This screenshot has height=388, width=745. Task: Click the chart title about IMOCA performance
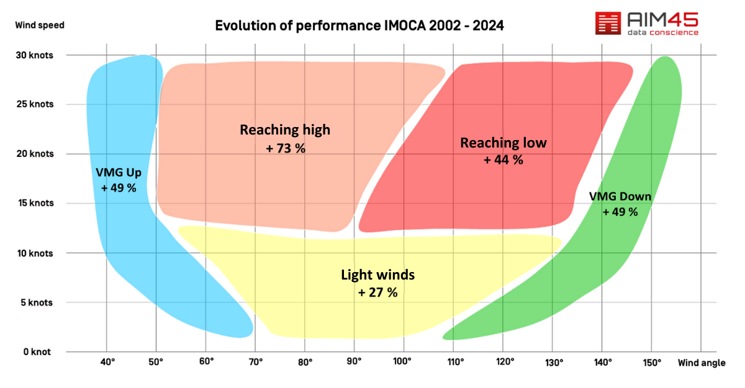(x=359, y=26)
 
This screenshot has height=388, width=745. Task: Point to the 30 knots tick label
(x=35, y=55)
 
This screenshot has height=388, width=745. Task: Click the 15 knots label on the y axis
(x=35, y=203)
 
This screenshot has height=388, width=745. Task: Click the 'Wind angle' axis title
(x=702, y=363)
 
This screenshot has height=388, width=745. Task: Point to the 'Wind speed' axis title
(x=39, y=25)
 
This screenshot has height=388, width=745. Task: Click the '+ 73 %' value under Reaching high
(x=285, y=149)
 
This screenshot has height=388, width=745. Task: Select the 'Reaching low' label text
(x=503, y=143)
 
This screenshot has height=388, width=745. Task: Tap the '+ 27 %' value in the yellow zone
(x=377, y=293)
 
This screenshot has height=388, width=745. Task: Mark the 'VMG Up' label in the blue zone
(x=119, y=172)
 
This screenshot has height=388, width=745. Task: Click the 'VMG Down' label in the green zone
(x=620, y=197)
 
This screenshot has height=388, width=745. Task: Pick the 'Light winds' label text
(x=377, y=275)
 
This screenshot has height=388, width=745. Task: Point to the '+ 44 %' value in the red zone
(x=503, y=160)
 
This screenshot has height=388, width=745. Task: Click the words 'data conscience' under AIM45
(x=663, y=32)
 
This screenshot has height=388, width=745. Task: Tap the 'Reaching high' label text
(x=285, y=130)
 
